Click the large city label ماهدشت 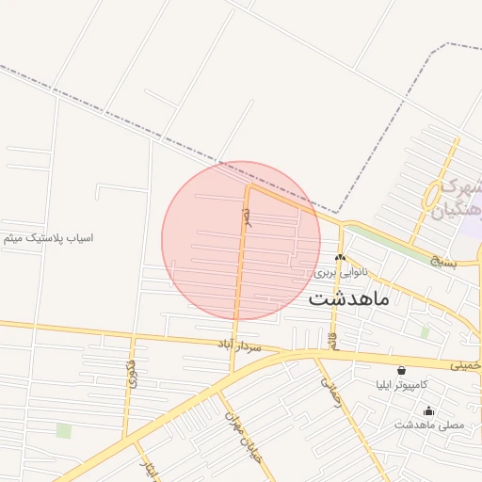pyautogui.click(x=348, y=299)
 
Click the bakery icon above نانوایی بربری pyautogui.click(x=340, y=257)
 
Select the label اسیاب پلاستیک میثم pyautogui.click(x=48, y=238)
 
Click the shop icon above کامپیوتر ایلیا pyautogui.click(x=402, y=371)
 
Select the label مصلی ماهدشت pyautogui.click(x=429, y=425)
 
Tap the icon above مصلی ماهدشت pyautogui.click(x=429, y=410)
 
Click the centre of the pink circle pyautogui.click(x=242, y=241)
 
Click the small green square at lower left pyautogui.click(x=64, y=430)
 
